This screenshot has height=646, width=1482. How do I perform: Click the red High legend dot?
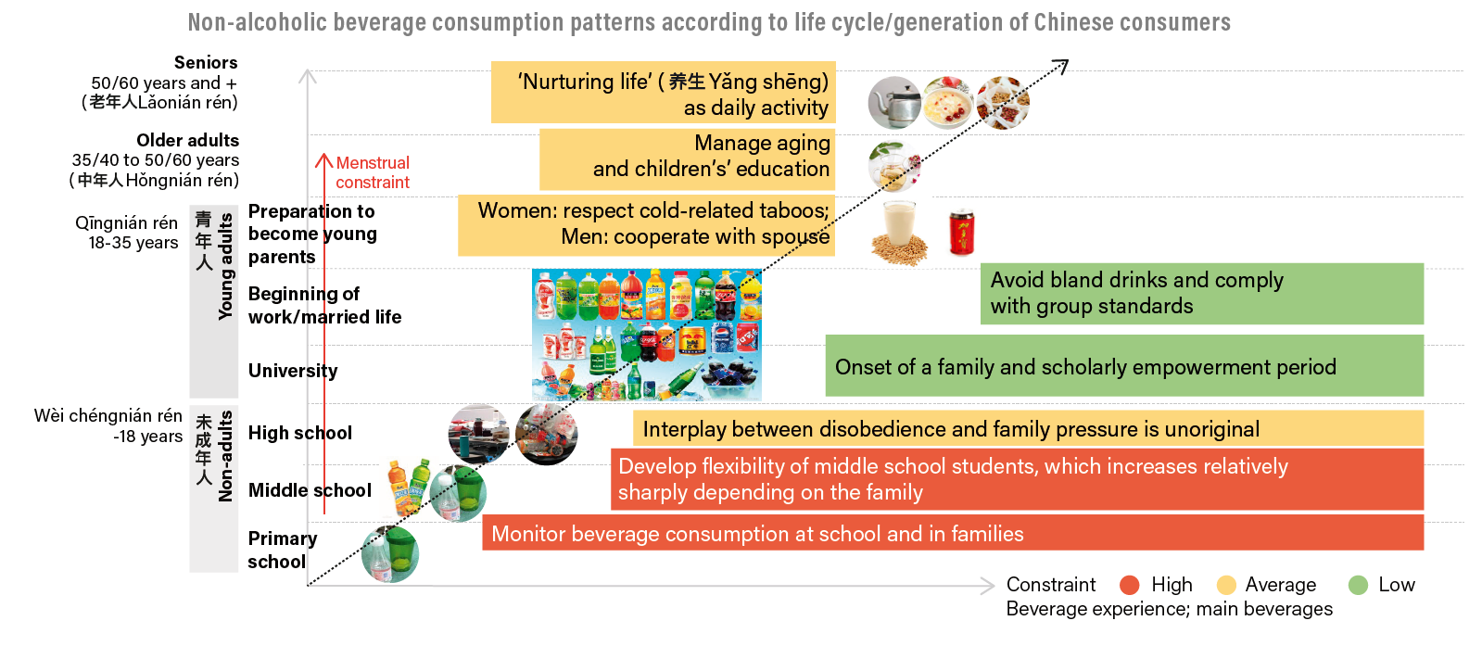coord(1129,585)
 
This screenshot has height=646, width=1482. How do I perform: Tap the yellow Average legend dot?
coord(1226,585)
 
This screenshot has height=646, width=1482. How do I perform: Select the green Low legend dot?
coord(1358,585)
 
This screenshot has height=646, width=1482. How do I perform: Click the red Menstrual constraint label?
coord(372,173)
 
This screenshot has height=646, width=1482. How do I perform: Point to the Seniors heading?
coord(206,63)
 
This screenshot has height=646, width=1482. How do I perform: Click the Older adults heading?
coord(187,141)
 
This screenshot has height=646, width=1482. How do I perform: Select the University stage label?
coord(293,371)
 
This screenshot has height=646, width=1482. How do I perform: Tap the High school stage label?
coord(300,433)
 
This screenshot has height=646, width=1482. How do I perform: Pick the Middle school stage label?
coord(310,490)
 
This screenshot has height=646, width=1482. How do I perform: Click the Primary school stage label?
coord(282,550)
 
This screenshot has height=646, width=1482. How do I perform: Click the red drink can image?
coord(962,233)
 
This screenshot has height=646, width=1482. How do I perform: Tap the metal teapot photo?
coord(893,103)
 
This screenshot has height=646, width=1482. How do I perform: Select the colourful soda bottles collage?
coord(646,335)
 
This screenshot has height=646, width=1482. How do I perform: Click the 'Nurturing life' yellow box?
coord(664,94)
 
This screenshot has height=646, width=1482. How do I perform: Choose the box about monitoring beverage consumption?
coord(952,534)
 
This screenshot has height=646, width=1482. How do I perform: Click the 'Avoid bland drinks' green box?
coord(1201,294)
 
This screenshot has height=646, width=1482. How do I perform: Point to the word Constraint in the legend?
coord(1050,585)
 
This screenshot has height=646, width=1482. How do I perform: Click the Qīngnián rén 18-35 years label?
coord(127,233)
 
